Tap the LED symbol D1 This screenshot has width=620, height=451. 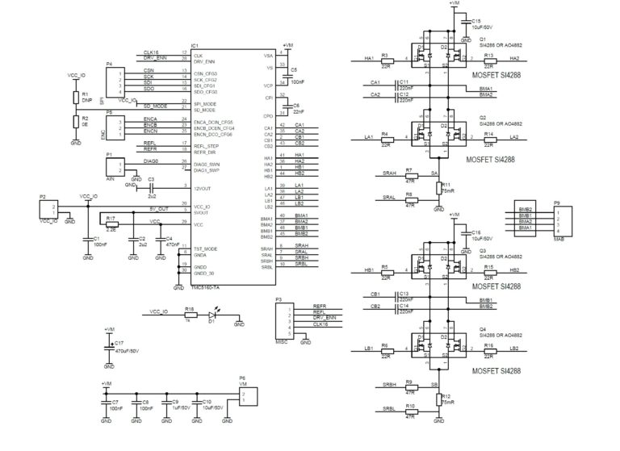click(x=213, y=315)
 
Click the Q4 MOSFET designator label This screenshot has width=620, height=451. click(x=483, y=329)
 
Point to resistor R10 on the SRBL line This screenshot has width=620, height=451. click(x=409, y=411)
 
